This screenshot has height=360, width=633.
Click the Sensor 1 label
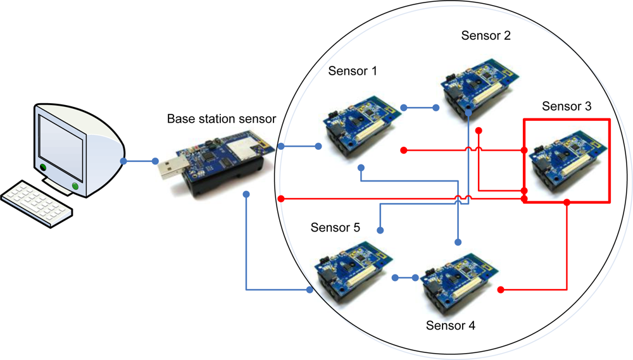[353, 71]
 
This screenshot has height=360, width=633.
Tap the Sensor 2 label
[486, 35]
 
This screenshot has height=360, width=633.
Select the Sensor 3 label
[567, 107]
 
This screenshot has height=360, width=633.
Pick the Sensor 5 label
[335, 228]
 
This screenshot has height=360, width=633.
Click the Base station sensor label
[222, 119]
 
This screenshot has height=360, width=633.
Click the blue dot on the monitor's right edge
[125, 161]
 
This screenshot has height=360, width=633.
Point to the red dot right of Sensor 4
[501, 290]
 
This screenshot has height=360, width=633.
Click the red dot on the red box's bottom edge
[567, 202]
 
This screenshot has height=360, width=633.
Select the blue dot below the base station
[246, 195]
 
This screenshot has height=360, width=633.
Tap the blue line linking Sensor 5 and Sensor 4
[405, 278]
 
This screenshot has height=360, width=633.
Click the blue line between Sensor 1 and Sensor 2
[419, 108]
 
